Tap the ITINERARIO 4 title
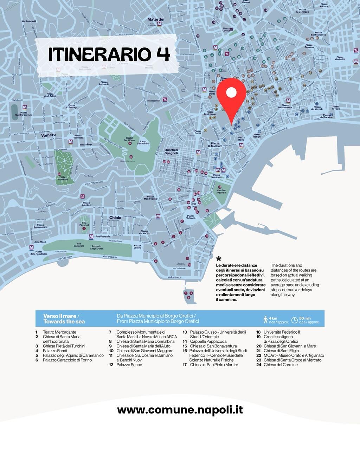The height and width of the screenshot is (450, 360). [109, 54]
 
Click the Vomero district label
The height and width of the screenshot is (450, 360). [48, 135]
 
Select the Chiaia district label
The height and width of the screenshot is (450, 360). [115, 218]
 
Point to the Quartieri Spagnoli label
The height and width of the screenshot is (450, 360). [171, 152]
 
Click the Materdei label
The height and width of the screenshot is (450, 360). [156, 19]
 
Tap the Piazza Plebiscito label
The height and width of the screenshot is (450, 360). [191, 217]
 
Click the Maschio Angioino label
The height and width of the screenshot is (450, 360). [221, 191]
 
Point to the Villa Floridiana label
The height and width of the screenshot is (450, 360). [63, 178]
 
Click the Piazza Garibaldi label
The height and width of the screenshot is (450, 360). [340, 58]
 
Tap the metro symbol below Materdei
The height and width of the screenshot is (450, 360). [160, 24]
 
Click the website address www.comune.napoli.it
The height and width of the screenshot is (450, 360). [180, 410]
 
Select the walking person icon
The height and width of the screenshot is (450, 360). [266, 319]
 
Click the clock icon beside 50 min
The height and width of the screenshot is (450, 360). [295, 319]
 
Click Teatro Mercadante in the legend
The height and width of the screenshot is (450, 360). [59, 332]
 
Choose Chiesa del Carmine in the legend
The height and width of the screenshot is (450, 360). [281, 365]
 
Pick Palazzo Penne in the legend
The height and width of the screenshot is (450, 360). [129, 365]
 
